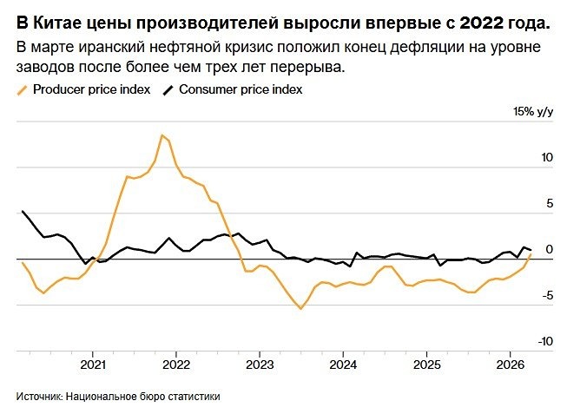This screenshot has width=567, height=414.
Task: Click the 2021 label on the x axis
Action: tap(93, 365)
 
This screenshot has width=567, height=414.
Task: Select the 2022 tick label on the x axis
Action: tap(176, 365)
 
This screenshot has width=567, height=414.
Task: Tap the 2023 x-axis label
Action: tap(260, 365)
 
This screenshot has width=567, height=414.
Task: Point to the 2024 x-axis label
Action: tap(343, 365)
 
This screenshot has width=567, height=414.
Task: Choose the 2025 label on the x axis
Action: tap(426, 365)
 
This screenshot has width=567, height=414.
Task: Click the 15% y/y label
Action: tap(533, 112)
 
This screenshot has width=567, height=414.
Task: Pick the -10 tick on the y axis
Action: tap(544, 342)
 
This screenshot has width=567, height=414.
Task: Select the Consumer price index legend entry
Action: tap(240, 89)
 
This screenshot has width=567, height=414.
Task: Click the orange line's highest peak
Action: tap(162, 135)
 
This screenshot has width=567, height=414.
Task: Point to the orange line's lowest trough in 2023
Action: tap(301, 308)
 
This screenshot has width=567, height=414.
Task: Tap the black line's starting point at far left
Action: tap(22, 211)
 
